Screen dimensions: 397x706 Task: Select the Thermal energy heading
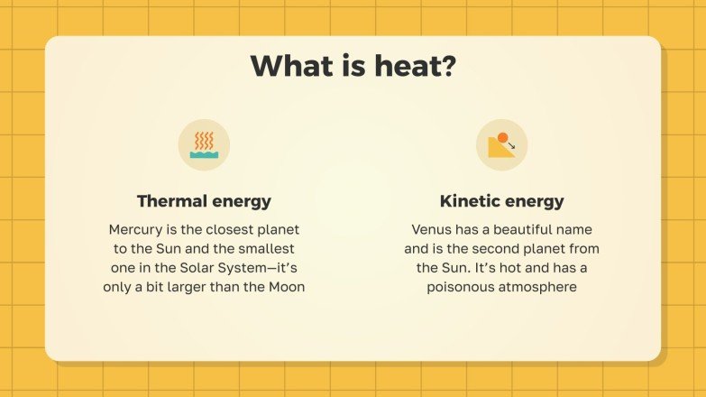pos(204,201)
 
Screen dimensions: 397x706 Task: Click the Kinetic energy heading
pos(501,201)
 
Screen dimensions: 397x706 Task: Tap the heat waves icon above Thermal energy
pos(204,144)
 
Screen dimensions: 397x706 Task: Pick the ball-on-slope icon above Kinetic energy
pos(501,144)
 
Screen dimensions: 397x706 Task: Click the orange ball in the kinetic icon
pos(503,137)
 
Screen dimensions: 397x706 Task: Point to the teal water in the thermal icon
pos(204,154)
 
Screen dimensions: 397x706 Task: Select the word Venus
pos(433,229)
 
